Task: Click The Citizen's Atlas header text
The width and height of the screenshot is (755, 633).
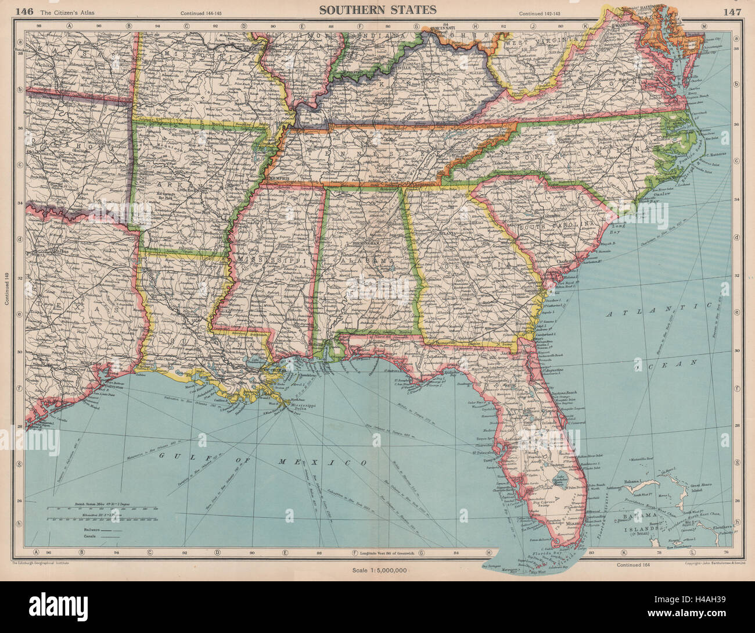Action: [60, 10]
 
